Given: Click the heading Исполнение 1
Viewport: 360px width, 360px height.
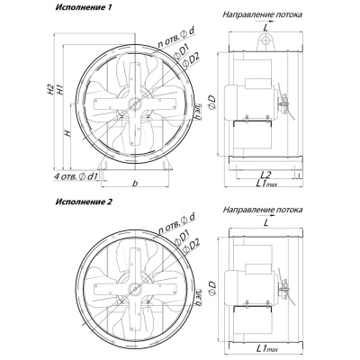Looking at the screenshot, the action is [x=83, y=8].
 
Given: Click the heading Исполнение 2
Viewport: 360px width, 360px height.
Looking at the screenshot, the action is [x=84, y=202].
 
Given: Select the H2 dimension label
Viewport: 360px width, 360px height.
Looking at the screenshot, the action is [x=51, y=90].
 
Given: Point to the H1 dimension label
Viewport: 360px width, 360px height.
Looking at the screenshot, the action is [x=60, y=90].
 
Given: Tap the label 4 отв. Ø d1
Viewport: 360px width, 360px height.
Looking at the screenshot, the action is [x=76, y=176].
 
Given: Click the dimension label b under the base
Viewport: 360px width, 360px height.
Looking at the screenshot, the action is [x=135, y=183].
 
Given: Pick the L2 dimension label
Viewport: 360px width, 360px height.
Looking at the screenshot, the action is [x=265, y=174].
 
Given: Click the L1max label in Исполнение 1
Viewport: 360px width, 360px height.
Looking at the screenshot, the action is [x=266, y=183].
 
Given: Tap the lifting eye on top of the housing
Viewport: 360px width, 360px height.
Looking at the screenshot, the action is [x=265, y=41].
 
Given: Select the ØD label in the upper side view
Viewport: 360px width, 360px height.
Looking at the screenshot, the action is [x=211, y=103].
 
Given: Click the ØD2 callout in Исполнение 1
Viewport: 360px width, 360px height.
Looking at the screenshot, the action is [x=191, y=60].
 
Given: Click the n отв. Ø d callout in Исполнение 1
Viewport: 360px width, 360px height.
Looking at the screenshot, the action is [x=176, y=38].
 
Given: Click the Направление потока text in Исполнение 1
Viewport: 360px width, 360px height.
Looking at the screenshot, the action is [x=262, y=14].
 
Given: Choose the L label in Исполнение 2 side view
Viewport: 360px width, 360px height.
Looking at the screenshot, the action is [x=265, y=222].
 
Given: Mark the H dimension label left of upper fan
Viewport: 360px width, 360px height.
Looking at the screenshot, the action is [x=68, y=133].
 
